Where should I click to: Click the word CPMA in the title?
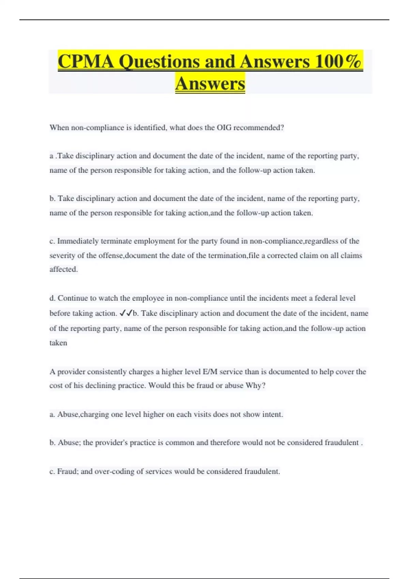tap(86, 62)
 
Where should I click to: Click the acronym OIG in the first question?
tap(224, 128)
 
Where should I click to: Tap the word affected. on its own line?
tap(64, 269)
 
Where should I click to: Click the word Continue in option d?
tap(77, 298)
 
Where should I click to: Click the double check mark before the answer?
tap(126, 313)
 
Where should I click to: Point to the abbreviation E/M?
tap(210, 372)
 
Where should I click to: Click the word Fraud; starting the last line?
tap(68, 472)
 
